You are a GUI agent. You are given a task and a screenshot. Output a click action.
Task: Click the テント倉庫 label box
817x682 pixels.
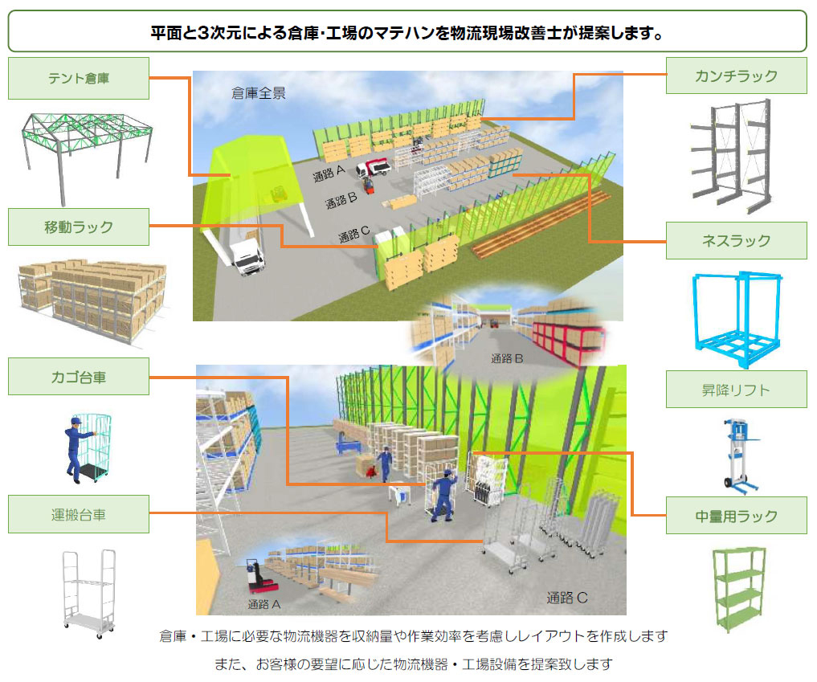[x=79, y=78]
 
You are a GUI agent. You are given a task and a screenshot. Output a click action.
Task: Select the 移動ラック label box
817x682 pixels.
[x=79, y=227]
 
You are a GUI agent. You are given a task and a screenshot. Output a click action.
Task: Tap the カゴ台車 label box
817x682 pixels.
[x=79, y=376]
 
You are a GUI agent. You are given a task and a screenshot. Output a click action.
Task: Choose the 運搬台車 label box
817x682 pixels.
[x=79, y=514]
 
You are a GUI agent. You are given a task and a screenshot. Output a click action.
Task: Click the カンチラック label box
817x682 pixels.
[x=736, y=76]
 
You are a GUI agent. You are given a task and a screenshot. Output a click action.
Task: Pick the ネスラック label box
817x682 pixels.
[x=736, y=240]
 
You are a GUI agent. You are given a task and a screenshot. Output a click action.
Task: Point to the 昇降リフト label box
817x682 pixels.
[x=736, y=390]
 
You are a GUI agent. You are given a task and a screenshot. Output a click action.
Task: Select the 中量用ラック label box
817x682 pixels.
[x=736, y=515]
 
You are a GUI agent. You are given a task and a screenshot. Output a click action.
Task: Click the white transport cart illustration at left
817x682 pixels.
[x=87, y=592]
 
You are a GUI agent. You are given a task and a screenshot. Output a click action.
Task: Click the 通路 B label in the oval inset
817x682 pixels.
[x=507, y=358]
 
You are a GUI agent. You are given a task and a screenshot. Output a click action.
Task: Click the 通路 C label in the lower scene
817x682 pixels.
[x=568, y=597]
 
